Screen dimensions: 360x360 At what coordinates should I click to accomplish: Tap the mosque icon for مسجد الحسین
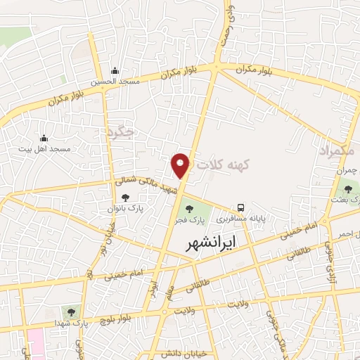[x=115, y=71]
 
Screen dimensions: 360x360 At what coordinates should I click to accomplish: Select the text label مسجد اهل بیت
[x=47, y=149]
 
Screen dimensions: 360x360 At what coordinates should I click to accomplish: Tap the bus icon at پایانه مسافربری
[x=241, y=207]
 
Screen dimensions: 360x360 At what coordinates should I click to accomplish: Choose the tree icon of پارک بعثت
[x=346, y=188]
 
